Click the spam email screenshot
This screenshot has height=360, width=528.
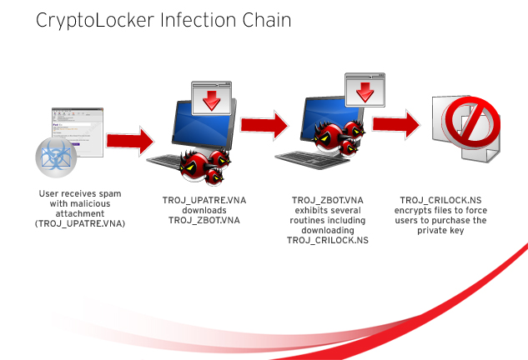[78, 130]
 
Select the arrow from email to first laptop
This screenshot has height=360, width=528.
[130, 138]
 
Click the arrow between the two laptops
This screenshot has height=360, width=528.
[264, 126]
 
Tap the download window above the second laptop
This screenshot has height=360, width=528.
[366, 88]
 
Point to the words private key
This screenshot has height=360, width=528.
[442, 230]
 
